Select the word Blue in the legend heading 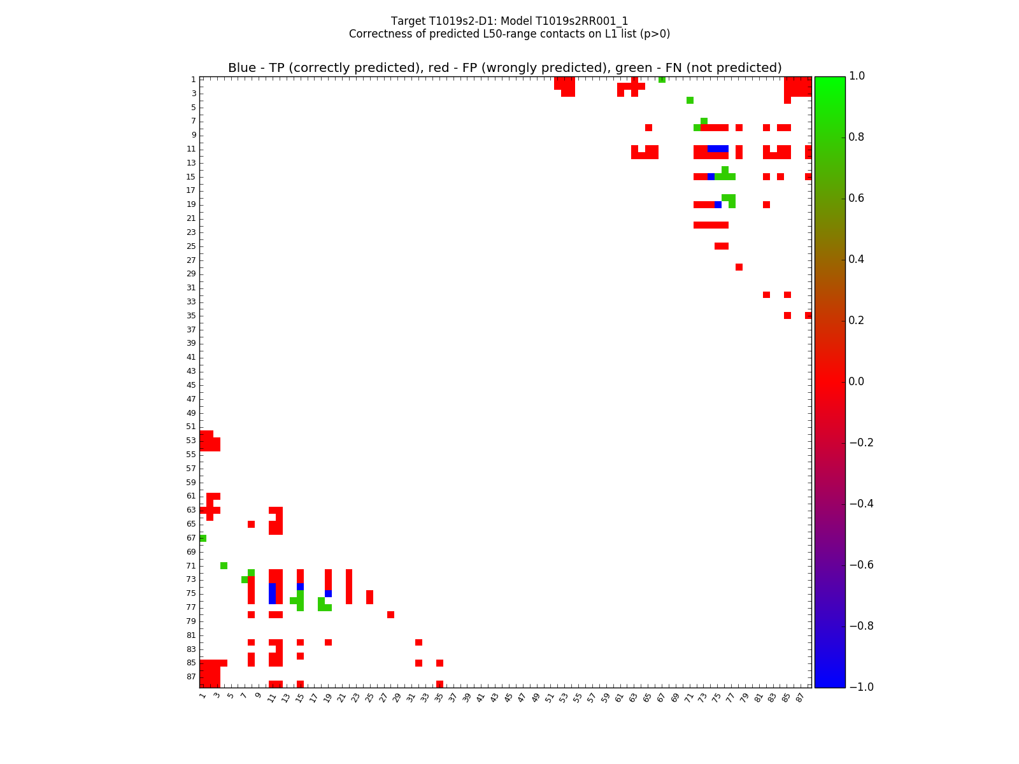(x=242, y=68)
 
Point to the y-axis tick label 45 (x=191, y=385)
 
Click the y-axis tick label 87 (x=191, y=677)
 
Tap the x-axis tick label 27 (x=383, y=697)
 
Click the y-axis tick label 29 (x=191, y=274)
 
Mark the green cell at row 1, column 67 (x=662, y=80)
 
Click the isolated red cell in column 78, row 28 (x=739, y=267)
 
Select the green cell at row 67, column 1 (x=203, y=538)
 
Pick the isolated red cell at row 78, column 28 (x=390, y=614)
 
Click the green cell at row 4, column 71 (x=690, y=100)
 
